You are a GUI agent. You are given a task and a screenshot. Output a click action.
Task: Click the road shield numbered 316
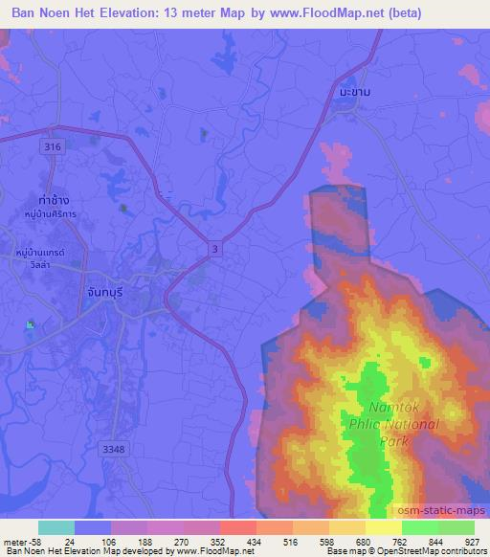click(x=53, y=146)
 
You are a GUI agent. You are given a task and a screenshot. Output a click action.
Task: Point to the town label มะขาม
click(x=354, y=90)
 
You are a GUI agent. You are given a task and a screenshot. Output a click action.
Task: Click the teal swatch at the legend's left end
click(x=56, y=527)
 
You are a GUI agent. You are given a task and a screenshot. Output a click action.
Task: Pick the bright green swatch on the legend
click(x=420, y=527)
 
